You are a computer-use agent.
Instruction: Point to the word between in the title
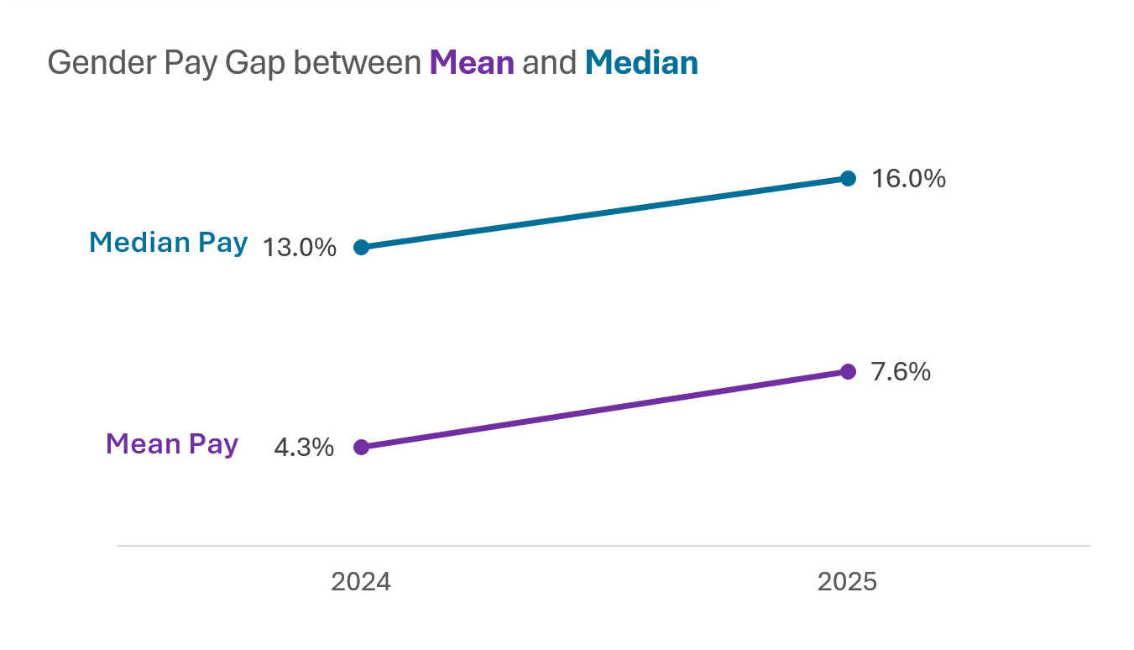[358, 63]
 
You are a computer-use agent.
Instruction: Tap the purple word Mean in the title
[472, 63]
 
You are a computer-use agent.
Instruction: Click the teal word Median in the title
[641, 63]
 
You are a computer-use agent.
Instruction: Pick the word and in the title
[549, 63]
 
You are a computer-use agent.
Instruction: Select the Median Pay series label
[168, 243]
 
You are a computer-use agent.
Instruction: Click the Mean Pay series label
[172, 443]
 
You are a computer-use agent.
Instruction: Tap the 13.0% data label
[300, 248]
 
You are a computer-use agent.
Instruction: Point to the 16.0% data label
[908, 179]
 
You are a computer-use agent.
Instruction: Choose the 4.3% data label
[304, 448]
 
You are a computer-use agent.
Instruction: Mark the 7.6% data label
[901, 372]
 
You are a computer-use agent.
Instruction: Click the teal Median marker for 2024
[361, 247]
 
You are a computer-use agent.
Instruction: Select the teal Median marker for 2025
[848, 178]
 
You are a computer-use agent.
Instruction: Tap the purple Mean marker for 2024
[361, 447]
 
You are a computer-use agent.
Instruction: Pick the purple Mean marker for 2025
[848, 371]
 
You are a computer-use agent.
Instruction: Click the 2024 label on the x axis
[361, 582]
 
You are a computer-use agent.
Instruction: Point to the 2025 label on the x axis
[847, 582]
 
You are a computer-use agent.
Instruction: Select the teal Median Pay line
[604, 212]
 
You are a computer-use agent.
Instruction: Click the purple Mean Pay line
[604, 409]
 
